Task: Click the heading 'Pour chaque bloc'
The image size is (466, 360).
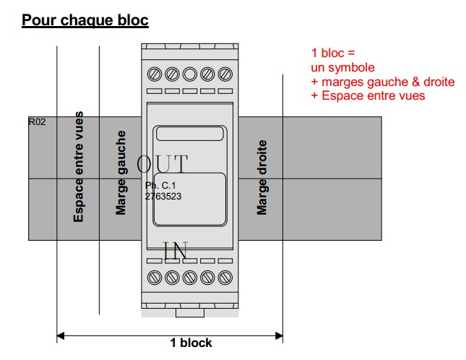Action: pyautogui.click(x=85, y=20)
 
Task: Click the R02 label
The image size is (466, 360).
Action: pyautogui.click(x=37, y=122)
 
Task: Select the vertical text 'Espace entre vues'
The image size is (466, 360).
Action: pyautogui.click(x=78, y=167)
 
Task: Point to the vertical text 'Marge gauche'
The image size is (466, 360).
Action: pyautogui.click(x=121, y=173)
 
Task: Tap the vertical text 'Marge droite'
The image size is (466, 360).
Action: pyautogui.click(x=262, y=178)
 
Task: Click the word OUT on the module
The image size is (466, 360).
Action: pyautogui.click(x=162, y=164)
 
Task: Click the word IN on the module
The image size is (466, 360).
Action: pyautogui.click(x=176, y=251)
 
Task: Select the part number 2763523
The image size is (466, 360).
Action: pyautogui.click(x=163, y=195)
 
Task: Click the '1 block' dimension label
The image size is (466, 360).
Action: pyautogui.click(x=191, y=343)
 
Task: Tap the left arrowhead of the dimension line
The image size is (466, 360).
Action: pyautogui.click(x=61, y=335)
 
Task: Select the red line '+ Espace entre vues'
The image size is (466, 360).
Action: pyautogui.click(x=368, y=95)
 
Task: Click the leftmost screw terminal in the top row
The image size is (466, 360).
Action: pyautogui.click(x=155, y=74)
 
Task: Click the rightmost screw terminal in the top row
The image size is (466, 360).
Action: pyautogui.click(x=225, y=74)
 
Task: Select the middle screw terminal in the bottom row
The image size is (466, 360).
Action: pyautogui.click(x=190, y=277)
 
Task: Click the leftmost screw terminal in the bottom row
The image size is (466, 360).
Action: pyautogui.click(x=155, y=277)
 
